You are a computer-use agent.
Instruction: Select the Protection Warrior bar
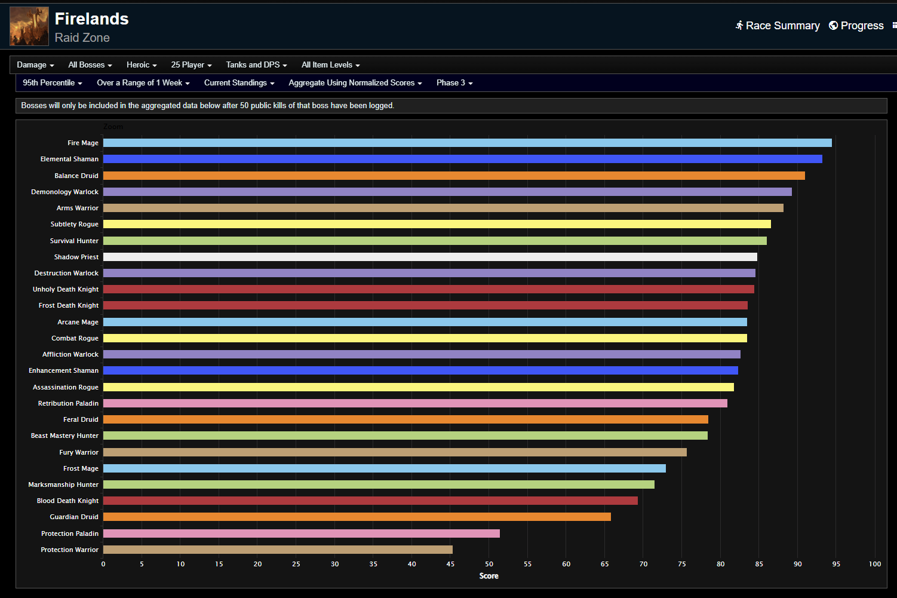coord(278,550)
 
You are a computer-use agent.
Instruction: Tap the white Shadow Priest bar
coord(430,257)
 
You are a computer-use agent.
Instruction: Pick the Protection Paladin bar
coord(301,533)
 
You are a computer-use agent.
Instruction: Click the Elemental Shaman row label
coord(69,159)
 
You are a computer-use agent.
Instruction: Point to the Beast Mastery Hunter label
coord(64,436)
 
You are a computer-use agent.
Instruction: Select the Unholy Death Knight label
coord(66,289)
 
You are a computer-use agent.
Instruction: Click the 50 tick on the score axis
coord(489,564)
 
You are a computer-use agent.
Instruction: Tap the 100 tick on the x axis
coord(875,564)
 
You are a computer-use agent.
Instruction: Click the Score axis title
coord(489,576)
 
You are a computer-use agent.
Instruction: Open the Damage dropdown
coord(35,65)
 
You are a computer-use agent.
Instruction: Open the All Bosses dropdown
coord(90,65)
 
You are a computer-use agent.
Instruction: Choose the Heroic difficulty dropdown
coord(142,65)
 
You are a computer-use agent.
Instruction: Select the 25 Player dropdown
coord(191,65)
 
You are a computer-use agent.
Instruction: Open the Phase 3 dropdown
coord(454,83)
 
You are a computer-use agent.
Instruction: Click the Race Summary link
coord(778,26)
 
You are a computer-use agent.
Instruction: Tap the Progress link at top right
coord(856,26)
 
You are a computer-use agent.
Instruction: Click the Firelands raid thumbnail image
coord(29,26)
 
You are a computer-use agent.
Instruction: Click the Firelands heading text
coord(91,19)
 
